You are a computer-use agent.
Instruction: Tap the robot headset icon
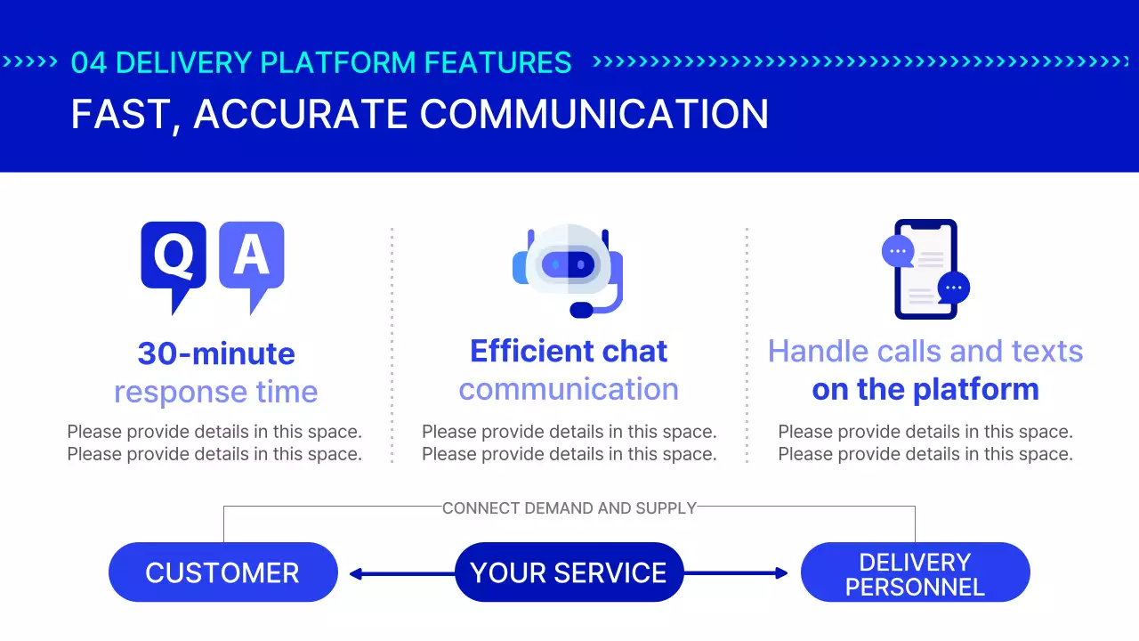pyautogui.click(x=569, y=270)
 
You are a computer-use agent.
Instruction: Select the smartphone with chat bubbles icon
pyautogui.click(x=925, y=269)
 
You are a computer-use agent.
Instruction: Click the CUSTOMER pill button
pyautogui.click(x=222, y=572)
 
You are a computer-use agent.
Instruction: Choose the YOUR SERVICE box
pyautogui.click(x=569, y=572)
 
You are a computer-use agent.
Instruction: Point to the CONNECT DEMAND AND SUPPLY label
pyautogui.click(x=569, y=508)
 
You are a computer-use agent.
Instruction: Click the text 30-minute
pyautogui.click(x=216, y=353)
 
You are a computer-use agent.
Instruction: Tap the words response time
pyautogui.click(x=216, y=392)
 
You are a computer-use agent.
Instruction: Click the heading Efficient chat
pyautogui.click(x=569, y=352)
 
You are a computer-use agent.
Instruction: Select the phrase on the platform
pyautogui.click(x=925, y=389)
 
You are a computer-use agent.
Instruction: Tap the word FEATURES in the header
pyautogui.click(x=497, y=62)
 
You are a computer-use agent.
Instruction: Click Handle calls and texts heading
pyautogui.click(x=925, y=352)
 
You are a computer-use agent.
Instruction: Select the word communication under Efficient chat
pyautogui.click(x=569, y=389)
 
